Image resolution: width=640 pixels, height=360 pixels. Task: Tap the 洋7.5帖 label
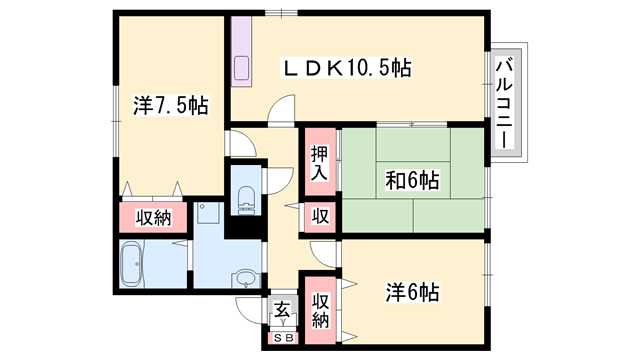click(x=171, y=105)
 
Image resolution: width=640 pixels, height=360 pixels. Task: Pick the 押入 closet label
click(x=318, y=163)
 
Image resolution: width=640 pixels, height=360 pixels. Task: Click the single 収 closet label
click(x=319, y=216)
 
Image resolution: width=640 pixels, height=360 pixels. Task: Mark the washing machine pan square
click(x=209, y=213)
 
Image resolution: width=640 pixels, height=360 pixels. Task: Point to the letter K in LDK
click(x=327, y=69)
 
